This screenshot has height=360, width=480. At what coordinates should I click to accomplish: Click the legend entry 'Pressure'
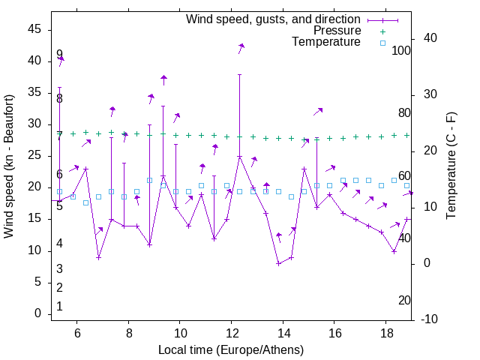point(337,31)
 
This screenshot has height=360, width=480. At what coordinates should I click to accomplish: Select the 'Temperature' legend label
point(326,42)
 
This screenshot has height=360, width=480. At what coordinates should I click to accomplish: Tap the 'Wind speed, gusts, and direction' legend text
point(274,19)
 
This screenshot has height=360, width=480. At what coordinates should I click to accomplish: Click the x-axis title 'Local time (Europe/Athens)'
point(231,349)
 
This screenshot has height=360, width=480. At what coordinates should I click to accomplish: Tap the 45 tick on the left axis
point(35,29)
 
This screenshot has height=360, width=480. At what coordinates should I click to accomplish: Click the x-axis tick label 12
point(231,334)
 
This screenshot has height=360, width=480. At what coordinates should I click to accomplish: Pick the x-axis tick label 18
point(385,334)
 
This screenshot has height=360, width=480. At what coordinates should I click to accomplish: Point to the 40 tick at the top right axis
point(430,38)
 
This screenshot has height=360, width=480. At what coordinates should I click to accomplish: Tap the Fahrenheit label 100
point(401,51)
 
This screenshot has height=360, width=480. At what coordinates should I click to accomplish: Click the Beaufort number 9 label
point(59,55)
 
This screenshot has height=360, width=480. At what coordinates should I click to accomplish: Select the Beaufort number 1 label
point(59,306)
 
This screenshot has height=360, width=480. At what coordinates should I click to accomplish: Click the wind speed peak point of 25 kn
point(239,157)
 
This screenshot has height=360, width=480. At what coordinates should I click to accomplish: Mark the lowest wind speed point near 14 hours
point(278,263)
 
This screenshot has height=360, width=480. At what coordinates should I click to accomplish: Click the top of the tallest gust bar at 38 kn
point(239,74)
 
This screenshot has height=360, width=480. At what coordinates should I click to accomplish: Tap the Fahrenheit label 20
point(404,300)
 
